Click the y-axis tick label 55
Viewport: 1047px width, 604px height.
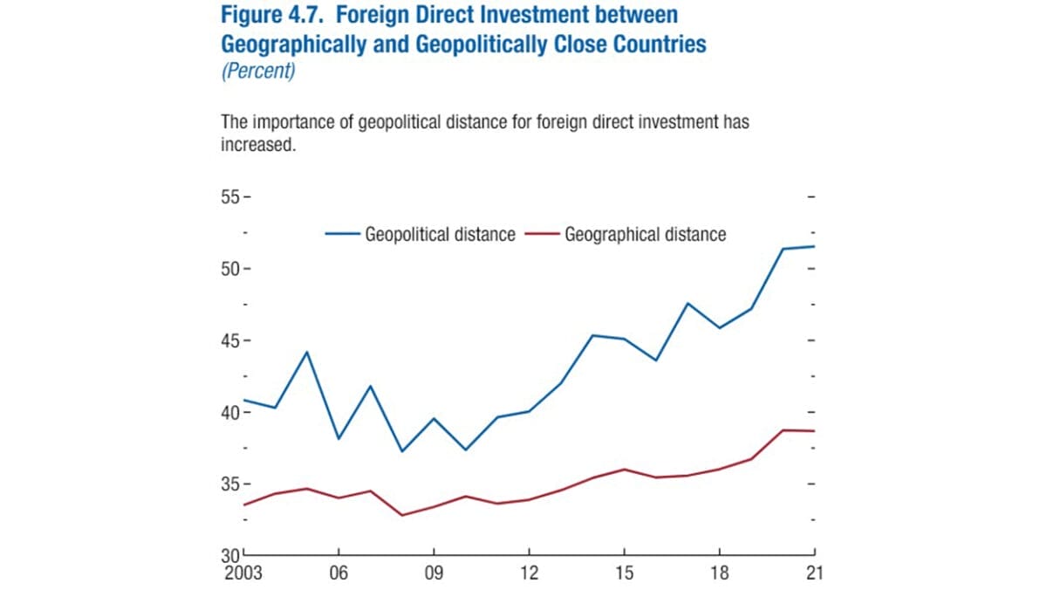229,196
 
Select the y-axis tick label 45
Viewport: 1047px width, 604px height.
229,340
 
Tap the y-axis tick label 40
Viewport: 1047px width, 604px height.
229,412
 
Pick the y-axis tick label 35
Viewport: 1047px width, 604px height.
229,484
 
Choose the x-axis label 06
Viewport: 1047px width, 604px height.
339,573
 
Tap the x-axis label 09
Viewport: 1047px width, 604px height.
434,573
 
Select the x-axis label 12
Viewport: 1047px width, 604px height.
530,573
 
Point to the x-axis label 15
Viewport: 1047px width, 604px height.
624,573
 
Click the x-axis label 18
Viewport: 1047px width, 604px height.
719,573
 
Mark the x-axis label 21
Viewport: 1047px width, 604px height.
813,573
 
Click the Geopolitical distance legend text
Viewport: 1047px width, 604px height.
440,235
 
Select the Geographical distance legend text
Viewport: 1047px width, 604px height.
645,235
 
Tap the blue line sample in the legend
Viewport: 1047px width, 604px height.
343,234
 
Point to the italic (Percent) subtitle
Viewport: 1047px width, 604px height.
258,72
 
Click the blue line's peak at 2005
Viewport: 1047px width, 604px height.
307,352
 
